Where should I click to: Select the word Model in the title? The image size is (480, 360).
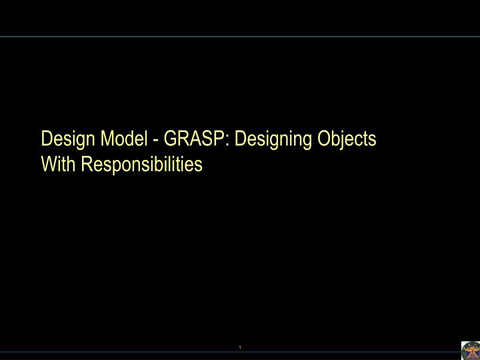click(x=119, y=139)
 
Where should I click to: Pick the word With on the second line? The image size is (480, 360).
click(x=59, y=163)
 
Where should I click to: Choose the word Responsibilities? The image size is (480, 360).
click(x=142, y=163)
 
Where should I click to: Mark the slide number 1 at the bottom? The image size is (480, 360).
click(x=239, y=347)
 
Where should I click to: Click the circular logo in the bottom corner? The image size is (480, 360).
click(x=470, y=350)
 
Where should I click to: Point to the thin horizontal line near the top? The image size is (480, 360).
click(x=240, y=37)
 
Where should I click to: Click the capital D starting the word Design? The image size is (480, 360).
click(x=46, y=139)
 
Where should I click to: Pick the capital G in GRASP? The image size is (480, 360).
click(x=169, y=139)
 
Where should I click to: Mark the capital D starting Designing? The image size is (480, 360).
click(x=239, y=139)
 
